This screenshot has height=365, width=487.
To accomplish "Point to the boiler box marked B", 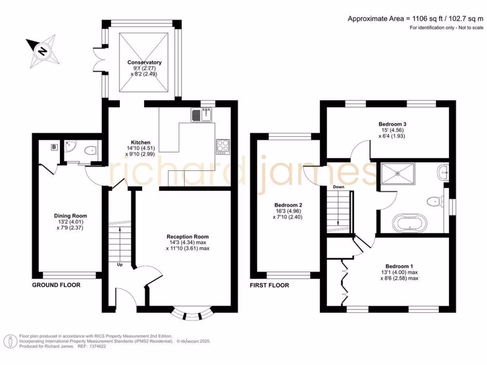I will point(54,147).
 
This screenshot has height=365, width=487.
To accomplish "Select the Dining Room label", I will point(70,216).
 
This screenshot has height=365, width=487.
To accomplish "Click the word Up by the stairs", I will point(119,265).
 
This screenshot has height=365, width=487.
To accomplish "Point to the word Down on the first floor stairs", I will point(338,187).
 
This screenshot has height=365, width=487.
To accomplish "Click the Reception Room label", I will point(187,236).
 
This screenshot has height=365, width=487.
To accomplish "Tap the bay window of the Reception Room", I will point(192,314).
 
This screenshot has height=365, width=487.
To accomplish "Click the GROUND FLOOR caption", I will point(56,285).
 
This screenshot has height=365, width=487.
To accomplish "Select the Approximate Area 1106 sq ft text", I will point(415,19).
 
